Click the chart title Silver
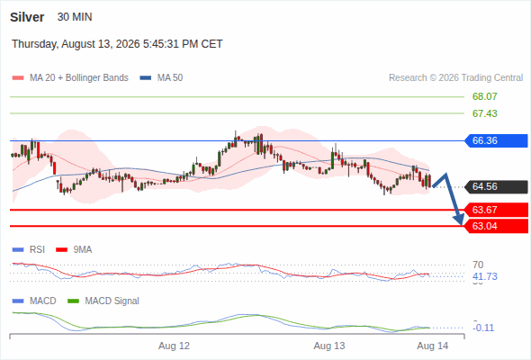point(27,17)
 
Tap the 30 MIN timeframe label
point(75,17)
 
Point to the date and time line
point(117,44)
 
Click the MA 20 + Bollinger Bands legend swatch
point(18,78)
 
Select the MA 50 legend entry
point(161,78)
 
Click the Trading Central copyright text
point(455,78)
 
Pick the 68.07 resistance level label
point(484,96)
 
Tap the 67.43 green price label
point(484,113)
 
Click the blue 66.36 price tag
point(496,140)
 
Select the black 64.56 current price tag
point(496,186)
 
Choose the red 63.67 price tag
point(496,210)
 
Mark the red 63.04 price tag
point(496,226)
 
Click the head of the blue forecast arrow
point(460,221)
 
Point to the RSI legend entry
point(29,249)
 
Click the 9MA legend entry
point(74,249)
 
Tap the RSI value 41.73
point(485,276)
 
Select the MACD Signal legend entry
point(103,301)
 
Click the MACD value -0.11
point(483,328)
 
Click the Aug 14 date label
point(433,346)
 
